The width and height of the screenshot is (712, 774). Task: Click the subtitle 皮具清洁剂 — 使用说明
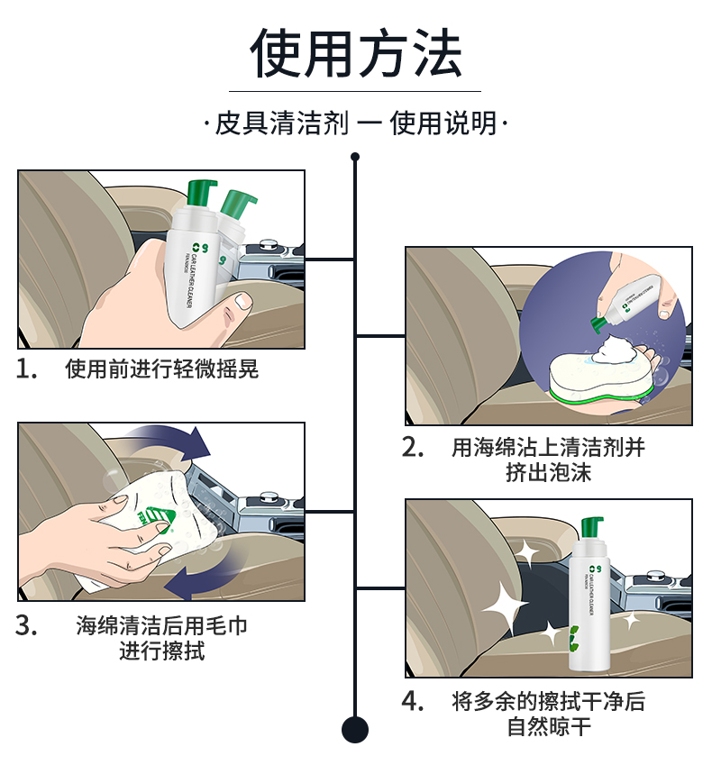pyautogui.click(x=356, y=123)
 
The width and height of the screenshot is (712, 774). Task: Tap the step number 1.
pyautogui.click(x=26, y=369)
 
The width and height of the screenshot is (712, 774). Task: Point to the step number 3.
pyautogui.click(x=26, y=625)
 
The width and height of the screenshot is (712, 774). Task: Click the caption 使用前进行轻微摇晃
pyautogui.click(x=162, y=369)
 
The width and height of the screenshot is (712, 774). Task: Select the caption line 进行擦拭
pyautogui.click(x=162, y=650)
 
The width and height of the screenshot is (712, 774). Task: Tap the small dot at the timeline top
pyautogui.click(x=355, y=157)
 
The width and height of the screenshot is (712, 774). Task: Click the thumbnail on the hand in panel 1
pyautogui.click(x=242, y=302)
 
